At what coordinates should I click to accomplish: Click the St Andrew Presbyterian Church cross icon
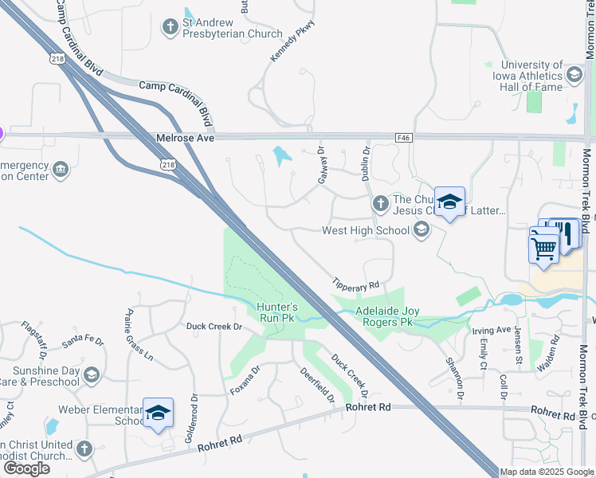point(170,28)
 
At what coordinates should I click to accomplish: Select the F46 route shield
point(405,138)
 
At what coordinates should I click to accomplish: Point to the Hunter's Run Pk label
point(277,311)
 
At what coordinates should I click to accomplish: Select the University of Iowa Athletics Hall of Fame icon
point(574,76)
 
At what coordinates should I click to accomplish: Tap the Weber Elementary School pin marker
point(158,413)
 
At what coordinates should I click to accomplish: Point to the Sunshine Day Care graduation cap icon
point(92,375)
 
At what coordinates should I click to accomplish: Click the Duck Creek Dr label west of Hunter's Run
point(214,326)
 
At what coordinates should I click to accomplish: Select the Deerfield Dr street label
point(317,386)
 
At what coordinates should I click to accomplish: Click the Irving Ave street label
point(491,330)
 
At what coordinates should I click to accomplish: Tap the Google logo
point(26,468)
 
